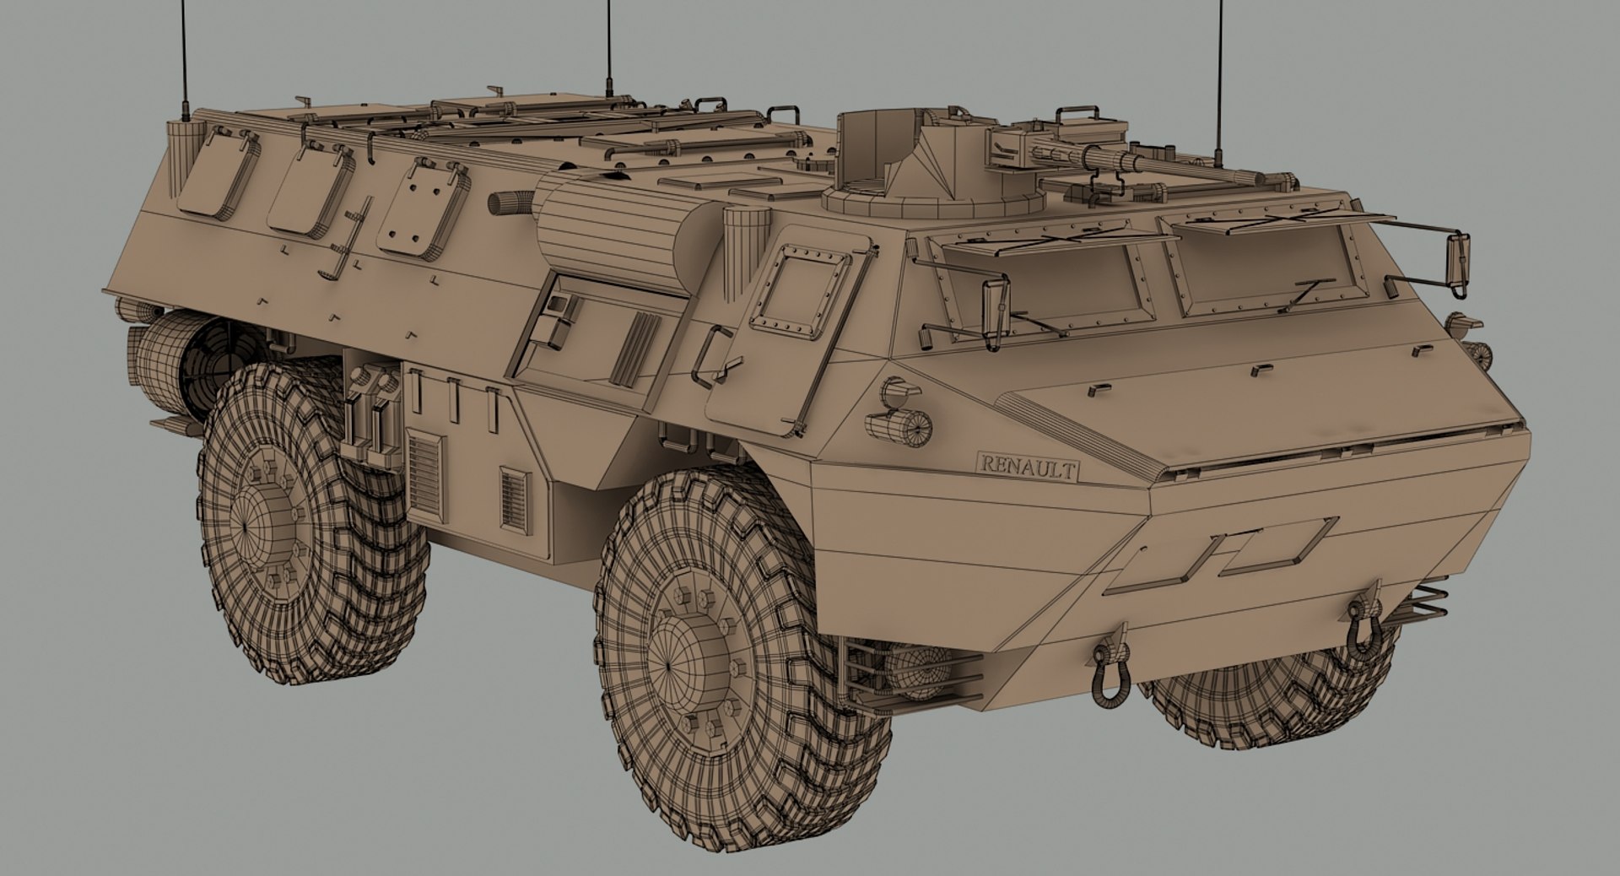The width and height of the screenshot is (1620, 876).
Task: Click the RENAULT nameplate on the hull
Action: (x=1028, y=466)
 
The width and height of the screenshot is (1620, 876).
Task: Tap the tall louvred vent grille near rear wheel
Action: (x=424, y=473)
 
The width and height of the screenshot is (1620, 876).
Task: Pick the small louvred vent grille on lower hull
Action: (x=513, y=499)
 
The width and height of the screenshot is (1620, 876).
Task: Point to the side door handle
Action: (x=709, y=354)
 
